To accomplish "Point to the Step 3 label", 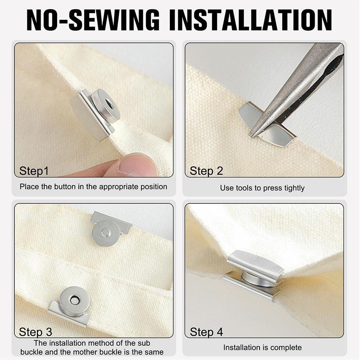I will click(x=35, y=331).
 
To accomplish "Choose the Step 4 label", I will click(x=206, y=331).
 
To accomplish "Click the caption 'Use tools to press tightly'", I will click(x=262, y=188).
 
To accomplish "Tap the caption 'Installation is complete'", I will click(x=262, y=347).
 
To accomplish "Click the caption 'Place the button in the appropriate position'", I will click(x=93, y=186).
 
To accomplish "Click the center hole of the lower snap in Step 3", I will click(x=75, y=300).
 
